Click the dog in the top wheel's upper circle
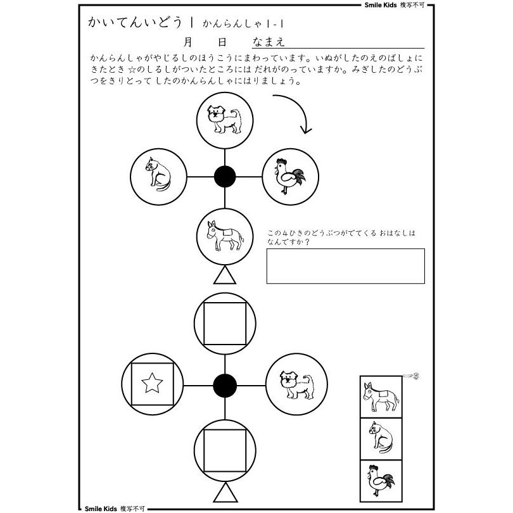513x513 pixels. [x=224, y=120]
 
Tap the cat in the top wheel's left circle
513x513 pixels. [x=158, y=174]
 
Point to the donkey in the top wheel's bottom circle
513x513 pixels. [x=225, y=235]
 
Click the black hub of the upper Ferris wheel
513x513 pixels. [x=225, y=177]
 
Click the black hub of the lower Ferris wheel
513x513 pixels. [x=225, y=386]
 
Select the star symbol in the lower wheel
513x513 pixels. [x=152, y=383]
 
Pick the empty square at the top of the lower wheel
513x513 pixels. [x=225, y=324]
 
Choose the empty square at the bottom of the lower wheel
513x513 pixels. [x=225, y=450]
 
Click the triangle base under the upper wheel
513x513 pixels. [x=225, y=275]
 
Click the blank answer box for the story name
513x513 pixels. [x=346, y=266]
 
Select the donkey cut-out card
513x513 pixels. [x=381, y=396]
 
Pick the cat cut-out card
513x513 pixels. [x=381, y=439]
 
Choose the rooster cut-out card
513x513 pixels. [x=381, y=481]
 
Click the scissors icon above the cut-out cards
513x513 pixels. [x=411, y=376]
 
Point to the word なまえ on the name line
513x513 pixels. [x=269, y=42]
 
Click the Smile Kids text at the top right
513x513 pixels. [x=381, y=5]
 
